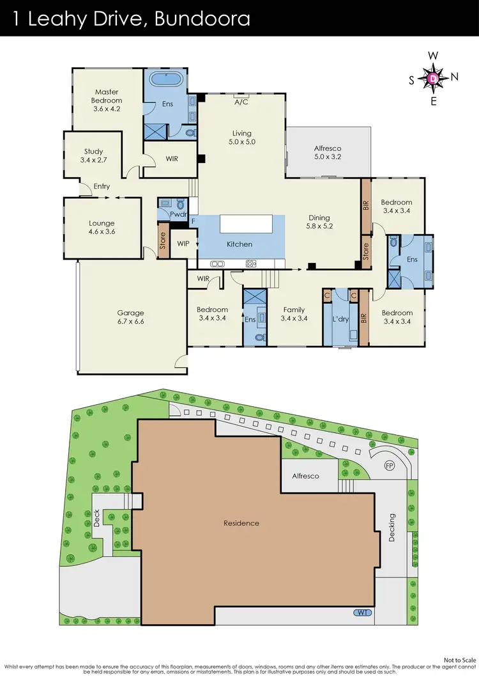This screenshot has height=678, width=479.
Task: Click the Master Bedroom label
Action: pos(107,100)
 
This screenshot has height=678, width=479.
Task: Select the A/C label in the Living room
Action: pos(241,102)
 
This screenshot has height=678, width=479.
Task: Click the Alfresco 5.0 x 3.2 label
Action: pos(328,152)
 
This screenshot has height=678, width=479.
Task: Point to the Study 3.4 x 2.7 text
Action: pos(94,156)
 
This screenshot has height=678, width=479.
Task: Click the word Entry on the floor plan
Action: pos(102,187)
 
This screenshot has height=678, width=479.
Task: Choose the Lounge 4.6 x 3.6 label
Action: pos(102,228)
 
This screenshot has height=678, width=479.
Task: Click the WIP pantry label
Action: pos(184,244)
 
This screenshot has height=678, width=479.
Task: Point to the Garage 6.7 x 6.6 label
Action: pos(130,317)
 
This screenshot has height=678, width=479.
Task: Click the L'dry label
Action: pos(340,318)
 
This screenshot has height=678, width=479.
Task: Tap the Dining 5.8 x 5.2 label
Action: pos(319,221)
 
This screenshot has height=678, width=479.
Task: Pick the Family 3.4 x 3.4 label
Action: pos(294,313)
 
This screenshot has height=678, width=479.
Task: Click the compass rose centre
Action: pos(433,78)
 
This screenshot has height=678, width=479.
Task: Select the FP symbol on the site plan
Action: pos(389,465)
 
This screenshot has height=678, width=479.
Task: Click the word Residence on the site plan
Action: pos(241,523)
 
